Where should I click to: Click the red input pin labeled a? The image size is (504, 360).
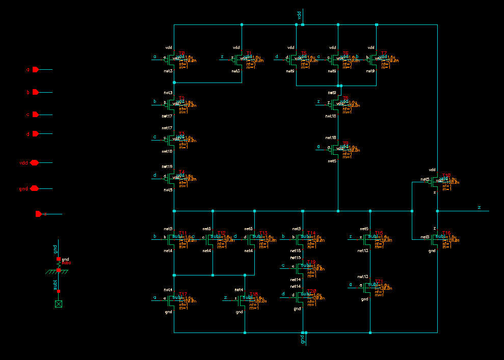(35, 70)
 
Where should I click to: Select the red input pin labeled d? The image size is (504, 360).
(35, 134)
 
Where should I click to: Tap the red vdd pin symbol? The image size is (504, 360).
(34, 162)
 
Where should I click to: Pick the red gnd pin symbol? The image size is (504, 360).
(34, 188)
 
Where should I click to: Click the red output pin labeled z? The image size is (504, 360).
(39, 214)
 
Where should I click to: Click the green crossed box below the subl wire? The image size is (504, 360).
(59, 304)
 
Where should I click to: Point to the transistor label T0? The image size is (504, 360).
(181, 53)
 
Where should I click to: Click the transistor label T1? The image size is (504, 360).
(249, 53)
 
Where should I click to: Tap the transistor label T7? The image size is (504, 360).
(384, 53)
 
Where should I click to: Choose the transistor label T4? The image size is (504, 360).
(181, 172)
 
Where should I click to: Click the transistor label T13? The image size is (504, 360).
(263, 233)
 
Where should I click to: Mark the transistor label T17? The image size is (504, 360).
(183, 294)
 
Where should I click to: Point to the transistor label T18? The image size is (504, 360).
(253, 294)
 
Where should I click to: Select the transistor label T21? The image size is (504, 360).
(379, 282)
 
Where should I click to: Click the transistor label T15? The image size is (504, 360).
(379, 233)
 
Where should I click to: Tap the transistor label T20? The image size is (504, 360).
(311, 291)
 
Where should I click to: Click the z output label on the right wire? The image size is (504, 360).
(479, 207)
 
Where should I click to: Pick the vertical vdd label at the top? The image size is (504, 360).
(299, 15)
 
